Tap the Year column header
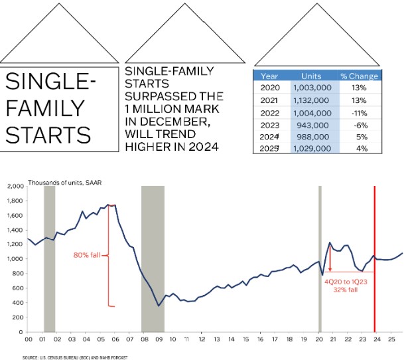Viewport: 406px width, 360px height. (269, 76)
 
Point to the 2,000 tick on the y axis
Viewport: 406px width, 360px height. (14, 186)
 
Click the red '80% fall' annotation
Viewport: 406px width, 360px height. (87, 254)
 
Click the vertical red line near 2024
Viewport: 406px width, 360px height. (375, 266)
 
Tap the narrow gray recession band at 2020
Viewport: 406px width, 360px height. (319, 259)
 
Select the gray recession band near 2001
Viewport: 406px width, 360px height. (49, 259)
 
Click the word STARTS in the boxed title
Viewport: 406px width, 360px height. (48, 135)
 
